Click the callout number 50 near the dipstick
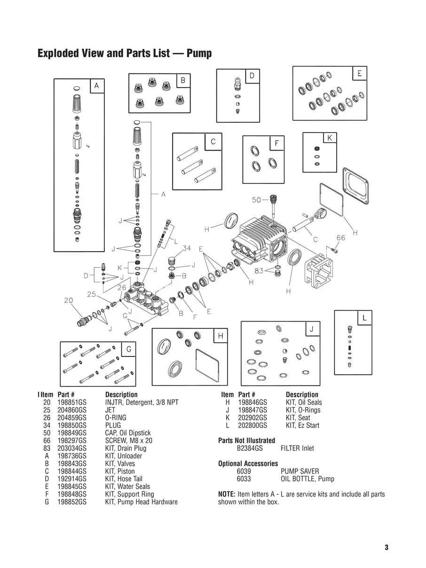[x=256, y=200]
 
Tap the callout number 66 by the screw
[x=340, y=238]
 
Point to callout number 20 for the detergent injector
[x=69, y=300]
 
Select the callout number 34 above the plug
[x=186, y=248]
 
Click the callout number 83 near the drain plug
[x=259, y=271]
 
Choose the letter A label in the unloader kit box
[x=96, y=86]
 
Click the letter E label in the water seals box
[x=359, y=74]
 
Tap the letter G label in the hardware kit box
[x=128, y=349]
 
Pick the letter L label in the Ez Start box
[x=364, y=318]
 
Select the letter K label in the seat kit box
[x=329, y=138]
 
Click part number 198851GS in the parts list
[x=72, y=402]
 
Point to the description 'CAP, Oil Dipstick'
[x=128, y=433]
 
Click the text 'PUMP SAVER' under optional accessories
[x=300, y=471]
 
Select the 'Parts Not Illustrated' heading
[x=246, y=441]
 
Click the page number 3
[x=386, y=547]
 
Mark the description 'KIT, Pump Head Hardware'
[x=141, y=502]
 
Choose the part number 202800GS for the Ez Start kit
[x=252, y=426]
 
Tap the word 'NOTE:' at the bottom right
[x=227, y=494]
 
